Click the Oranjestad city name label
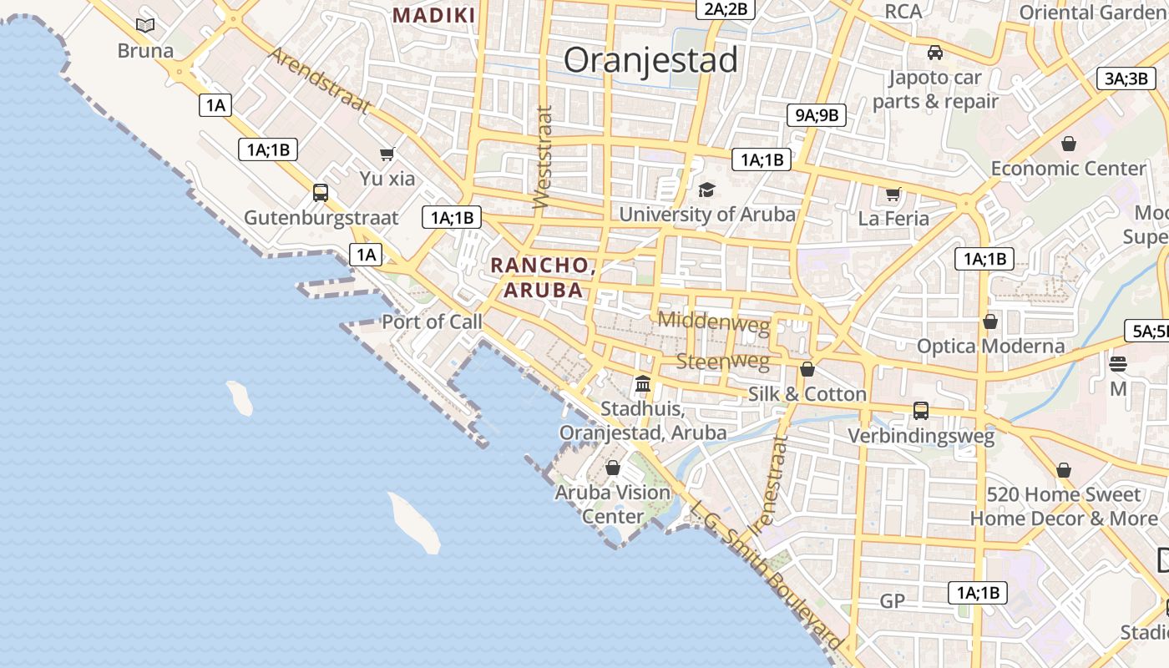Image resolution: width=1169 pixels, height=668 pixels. [x=650, y=60]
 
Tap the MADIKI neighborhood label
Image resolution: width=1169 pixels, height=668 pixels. [x=434, y=15]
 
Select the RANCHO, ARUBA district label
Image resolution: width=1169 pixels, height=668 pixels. [x=542, y=277]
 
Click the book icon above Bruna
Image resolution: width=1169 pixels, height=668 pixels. [x=145, y=25]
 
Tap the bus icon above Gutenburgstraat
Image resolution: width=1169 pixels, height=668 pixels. [x=321, y=193]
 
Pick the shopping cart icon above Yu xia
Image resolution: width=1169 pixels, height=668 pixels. [x=387, y=154]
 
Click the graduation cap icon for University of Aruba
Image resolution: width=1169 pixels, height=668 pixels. [x=706, y=190]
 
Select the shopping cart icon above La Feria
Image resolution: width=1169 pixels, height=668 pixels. [x=893, y=195]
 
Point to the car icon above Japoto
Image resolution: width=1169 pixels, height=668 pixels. [x=935, y=53]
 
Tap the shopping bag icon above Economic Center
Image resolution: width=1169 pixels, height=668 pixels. [x=1068, y=144]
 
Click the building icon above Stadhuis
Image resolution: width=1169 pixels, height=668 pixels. [x=643, y=384]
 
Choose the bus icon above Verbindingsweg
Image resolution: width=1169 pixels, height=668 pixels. [x=921, y=411]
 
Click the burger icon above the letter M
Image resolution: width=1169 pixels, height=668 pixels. [x=1118, y=364]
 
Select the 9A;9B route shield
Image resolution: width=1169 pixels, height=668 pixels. [x=817, y=115]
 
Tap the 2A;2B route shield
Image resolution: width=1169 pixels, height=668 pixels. [x=726, y=9]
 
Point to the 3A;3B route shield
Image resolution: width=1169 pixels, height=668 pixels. [x=1126, y=78]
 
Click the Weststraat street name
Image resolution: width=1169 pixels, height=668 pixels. [x=543, y=157]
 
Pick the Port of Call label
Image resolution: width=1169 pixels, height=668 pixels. [x=432, y=321]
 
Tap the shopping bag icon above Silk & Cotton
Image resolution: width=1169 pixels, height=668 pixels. [x=807, y=369]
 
